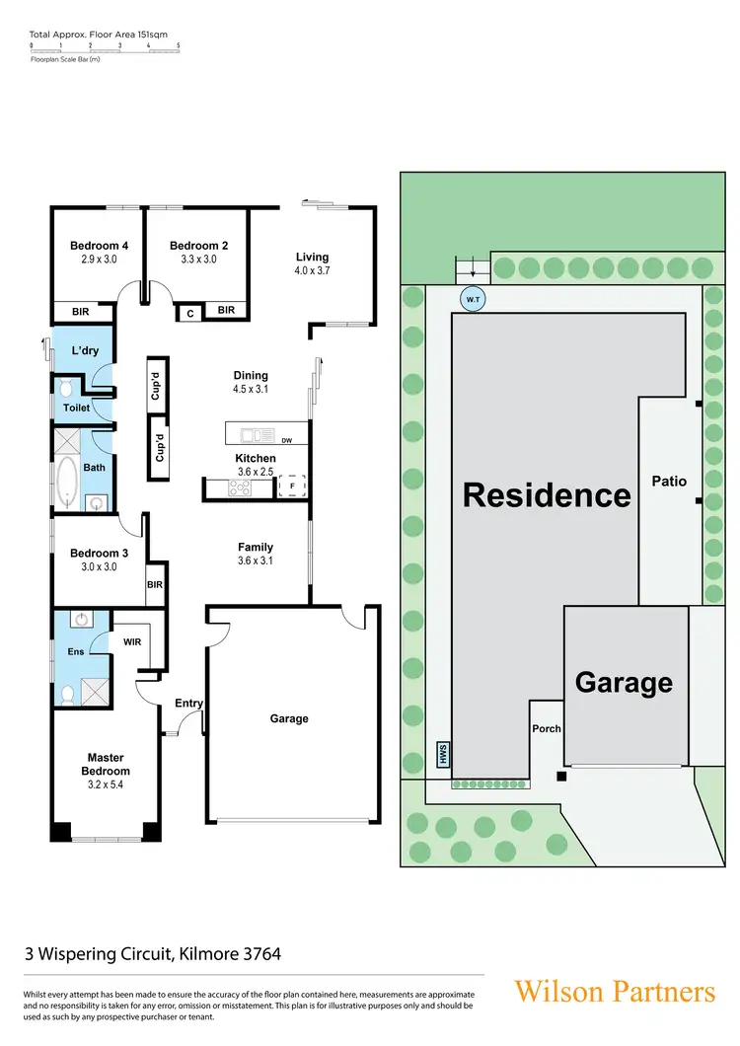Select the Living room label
coord(312,258)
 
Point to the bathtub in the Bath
coord(67,481)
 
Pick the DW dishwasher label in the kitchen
coord(286,440)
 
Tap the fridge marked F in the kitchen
coord(292,486)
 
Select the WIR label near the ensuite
coord(133,642)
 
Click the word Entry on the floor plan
coord(188,704)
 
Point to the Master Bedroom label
coord(106,764)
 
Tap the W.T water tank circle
coord(474,298)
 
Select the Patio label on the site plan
coord(669,482)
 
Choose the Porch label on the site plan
coord(547,729)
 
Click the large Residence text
coord(547,494)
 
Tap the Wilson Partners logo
coord(614,991)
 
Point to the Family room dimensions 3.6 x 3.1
coord(256,560)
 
